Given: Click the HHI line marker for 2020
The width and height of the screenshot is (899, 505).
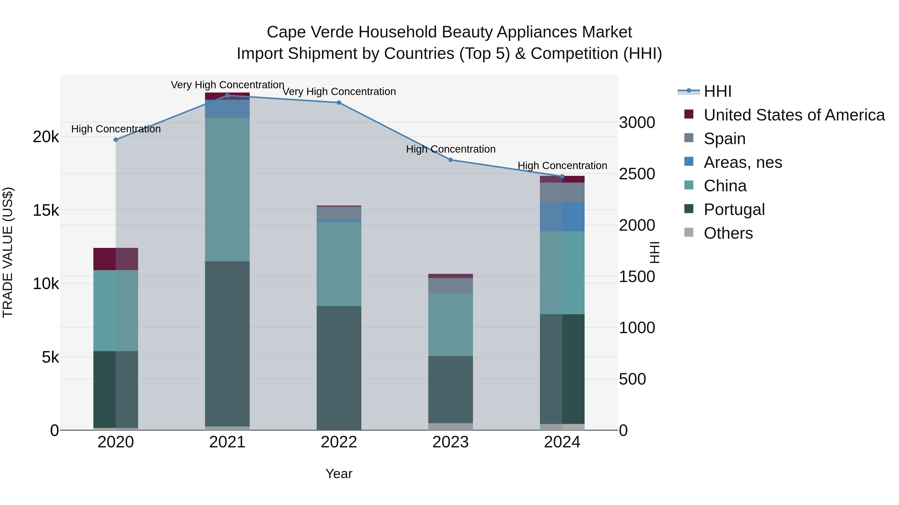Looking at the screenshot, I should tap(116, 140).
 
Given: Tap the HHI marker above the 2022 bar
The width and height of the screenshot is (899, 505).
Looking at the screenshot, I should tap(339, 103).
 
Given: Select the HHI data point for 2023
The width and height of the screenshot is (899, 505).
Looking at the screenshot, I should tap(450, 160).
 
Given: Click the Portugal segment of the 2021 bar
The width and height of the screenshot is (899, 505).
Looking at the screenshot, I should tap(227, 343).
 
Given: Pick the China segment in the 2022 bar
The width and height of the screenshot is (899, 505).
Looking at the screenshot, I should tap(339, 264).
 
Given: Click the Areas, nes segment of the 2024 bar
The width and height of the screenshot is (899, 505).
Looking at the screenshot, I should tap(562, 217).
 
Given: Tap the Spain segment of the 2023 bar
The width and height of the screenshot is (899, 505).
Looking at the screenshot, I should tap(450, 286).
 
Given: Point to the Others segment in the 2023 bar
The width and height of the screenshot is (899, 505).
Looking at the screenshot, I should tap(450, 427).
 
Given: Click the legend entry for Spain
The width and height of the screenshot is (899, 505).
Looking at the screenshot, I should tap(724, 139).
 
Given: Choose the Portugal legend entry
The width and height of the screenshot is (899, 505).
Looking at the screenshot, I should tap(734, 209).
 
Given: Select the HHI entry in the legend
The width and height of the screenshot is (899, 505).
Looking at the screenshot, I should tap(717, 91).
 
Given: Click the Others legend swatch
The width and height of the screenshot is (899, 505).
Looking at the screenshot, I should tap(689, 232).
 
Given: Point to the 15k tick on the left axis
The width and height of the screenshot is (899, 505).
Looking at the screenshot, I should tap(46, 210).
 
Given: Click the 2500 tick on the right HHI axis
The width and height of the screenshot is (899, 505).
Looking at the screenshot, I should tap(637, 174).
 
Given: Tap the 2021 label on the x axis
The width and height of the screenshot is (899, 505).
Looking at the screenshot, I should tap(227, 442).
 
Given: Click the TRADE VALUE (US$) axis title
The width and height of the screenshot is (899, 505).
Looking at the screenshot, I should tap(8, 252).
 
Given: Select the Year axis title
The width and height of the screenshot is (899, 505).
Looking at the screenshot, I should tap(339, 474).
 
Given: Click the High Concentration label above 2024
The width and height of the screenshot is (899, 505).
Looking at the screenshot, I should tap(562, 166).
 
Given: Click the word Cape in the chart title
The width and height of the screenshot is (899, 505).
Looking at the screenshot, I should tap(286, 32).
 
